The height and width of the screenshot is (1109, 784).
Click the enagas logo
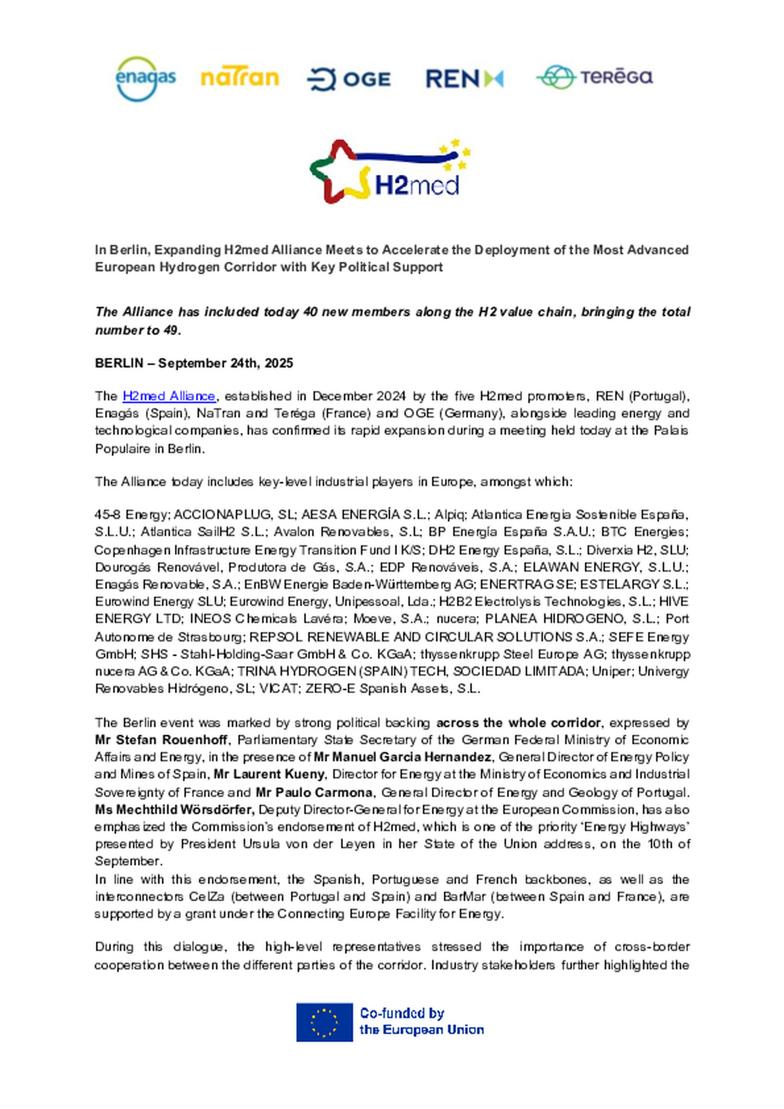(x=145, y=79)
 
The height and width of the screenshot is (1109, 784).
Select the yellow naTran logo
(x=240, y=78)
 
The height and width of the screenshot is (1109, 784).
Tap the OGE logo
(x=348, y=79)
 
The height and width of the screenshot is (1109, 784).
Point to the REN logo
(x=464, y=79)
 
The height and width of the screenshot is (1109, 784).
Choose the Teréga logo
(x=595, y=77)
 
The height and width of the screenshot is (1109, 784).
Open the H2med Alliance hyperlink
(x=169, y=396)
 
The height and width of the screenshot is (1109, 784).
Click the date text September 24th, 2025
(x=225, y=363)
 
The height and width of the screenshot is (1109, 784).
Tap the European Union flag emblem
(x=324, y=1022)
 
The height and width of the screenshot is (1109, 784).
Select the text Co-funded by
(x=402, y=1013)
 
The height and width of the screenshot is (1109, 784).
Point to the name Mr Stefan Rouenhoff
(x=161, y=740)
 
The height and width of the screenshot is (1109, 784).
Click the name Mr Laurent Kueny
(x=269, y=774)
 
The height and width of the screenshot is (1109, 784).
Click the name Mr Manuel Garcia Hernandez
(x=402, y=757)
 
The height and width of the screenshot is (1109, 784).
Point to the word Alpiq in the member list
(x=449, y=515)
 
